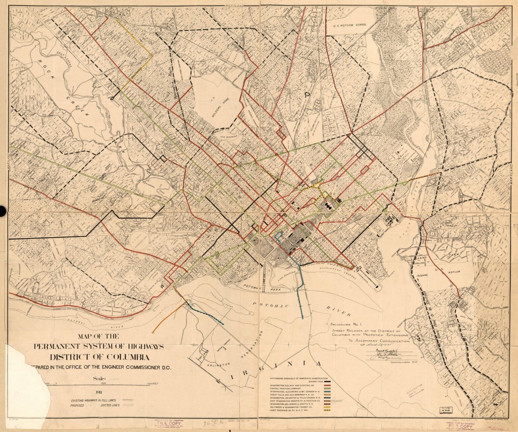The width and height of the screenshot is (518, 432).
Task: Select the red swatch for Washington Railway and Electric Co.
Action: [327, 385]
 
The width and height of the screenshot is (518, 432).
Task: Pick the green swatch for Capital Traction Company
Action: [327, 389]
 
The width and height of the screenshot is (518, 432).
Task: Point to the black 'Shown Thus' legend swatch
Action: [327, 381]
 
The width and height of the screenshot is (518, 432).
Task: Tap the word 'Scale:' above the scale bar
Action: [99, 379]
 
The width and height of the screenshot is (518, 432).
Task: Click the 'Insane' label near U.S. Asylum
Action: [421, 275]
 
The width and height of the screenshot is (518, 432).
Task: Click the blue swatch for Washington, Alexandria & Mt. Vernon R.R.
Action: [327, 392]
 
